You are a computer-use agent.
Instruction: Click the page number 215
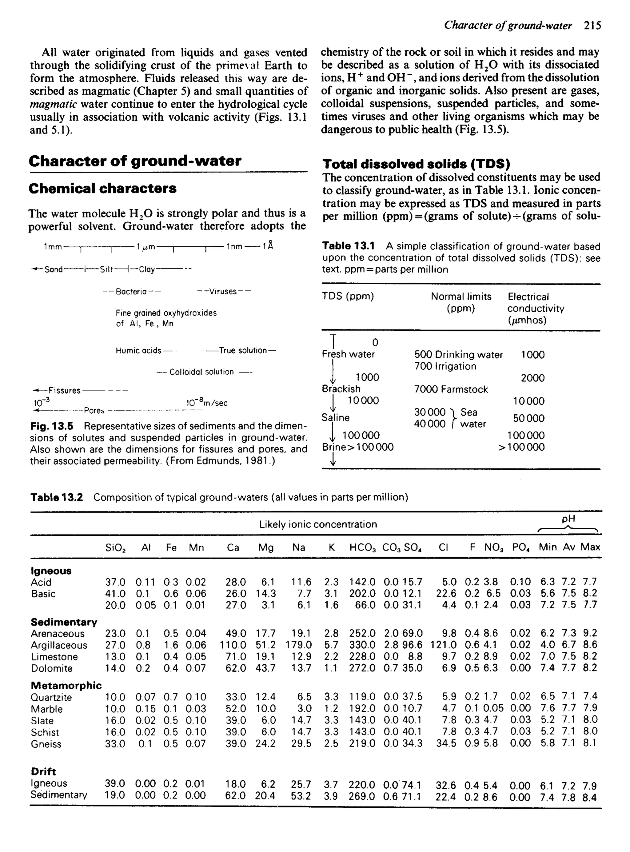tap(592, 26)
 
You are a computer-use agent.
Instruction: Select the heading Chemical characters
tap(102, 188)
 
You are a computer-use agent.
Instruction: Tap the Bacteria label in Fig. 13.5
tap(132, 292)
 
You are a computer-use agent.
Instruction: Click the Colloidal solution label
tap(201, 372)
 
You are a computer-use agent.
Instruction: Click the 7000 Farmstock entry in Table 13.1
tap(451, 389)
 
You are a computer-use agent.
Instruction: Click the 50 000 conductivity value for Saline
tap(528, 418)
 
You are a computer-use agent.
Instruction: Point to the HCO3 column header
tap(363, 547)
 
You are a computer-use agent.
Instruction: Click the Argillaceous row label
tap(59, 645)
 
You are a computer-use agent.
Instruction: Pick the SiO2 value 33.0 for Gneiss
tap(115, 744)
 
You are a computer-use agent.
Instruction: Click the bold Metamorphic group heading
tap(66, 685)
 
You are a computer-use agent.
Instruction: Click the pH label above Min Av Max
tap(568, 519)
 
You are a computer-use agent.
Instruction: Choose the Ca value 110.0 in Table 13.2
tap(233, 645)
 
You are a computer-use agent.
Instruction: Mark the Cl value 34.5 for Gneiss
tap(446, 743)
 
